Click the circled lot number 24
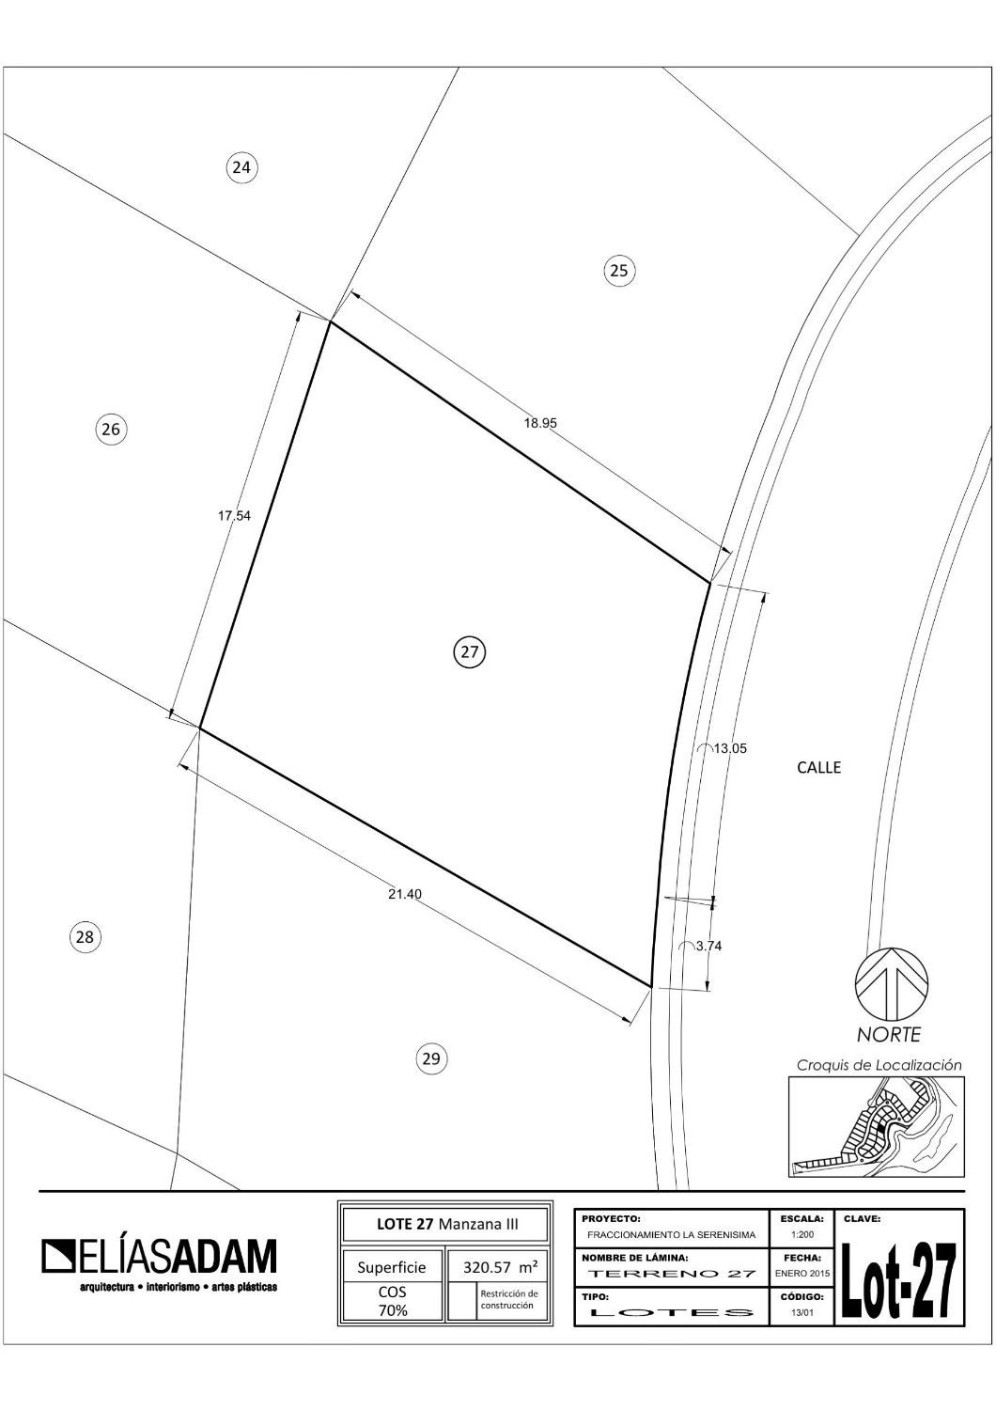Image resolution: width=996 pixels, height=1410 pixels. coord(241,167)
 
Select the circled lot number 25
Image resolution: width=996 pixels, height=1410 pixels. coord(619,271)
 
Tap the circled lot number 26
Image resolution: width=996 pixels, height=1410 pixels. coord(111,430)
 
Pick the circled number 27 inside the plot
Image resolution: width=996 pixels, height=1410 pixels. coord(470,651)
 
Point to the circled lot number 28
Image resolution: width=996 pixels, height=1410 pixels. coord(85,937)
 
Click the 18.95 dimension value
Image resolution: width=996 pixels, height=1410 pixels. coord(540,424)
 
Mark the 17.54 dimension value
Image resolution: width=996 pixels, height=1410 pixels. coord(234,515)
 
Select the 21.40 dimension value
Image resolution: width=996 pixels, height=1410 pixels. coord(405,894)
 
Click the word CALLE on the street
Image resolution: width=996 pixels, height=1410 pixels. coord(818,767)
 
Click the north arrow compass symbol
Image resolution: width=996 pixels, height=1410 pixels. coord(891,982)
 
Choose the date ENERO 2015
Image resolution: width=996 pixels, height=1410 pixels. coord(802,1273)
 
